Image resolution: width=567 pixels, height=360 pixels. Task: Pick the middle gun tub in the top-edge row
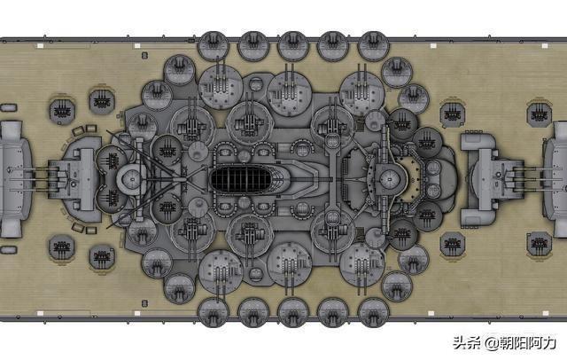click(x=293, y=46)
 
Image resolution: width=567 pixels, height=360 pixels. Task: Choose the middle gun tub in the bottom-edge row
click(x=293, y=312)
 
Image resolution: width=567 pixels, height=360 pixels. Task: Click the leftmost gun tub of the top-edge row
click(x=214, y=46)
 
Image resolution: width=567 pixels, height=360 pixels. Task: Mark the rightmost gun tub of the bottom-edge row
click(x=373, y=312)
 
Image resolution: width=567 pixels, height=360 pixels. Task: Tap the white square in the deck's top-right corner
click(x=545, y=46)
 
